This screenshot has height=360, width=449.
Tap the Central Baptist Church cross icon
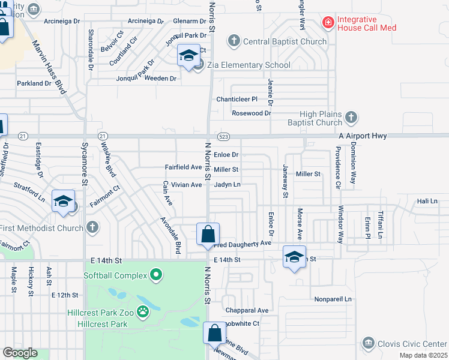click(234, 41)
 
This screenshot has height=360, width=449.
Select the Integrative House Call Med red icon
click(328, 23)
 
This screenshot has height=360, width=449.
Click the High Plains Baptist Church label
click(329, 119)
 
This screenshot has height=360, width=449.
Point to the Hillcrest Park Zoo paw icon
click(143, 311)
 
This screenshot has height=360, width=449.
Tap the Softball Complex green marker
click(156, 275)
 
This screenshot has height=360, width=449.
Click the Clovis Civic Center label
click(412, 344)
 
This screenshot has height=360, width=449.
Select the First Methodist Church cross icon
click(92, 227)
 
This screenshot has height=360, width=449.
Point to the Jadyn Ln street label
click(228, 185)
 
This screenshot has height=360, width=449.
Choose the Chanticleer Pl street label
click(237, 99)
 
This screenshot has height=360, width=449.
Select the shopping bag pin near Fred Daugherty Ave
click(208, 234)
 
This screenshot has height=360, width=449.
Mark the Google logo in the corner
click(19, 353)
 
